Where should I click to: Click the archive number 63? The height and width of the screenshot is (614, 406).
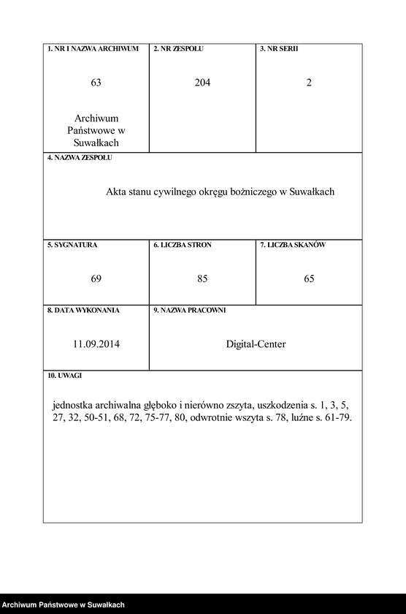pyautogui.click(x=96, y=83)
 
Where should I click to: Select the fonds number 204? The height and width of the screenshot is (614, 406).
pyautogui.click(x=202, y=83)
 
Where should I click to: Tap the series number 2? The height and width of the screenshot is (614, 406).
pyautogui.click(x=309, y=83)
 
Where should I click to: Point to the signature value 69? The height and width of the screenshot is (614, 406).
pyautogui.click(x=96, y=278)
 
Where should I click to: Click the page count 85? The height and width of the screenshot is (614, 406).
pyautogui.click(x=202, y=278)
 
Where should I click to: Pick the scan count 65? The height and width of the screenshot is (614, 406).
pyautogui.click(x=309, y=278)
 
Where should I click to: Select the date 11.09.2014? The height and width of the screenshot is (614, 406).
pyautogui.click(x=96, y=344)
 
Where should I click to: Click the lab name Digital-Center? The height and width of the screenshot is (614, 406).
pyautogui.click(x=256, y=344)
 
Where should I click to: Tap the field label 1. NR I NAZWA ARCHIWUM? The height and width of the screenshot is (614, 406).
pyautogui.click(x=93, y=49)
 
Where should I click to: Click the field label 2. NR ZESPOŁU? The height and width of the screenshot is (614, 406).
pyautogui.click(x=178, y=49)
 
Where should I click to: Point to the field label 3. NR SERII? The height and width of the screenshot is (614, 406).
pyautogui.click(x=279, y=49)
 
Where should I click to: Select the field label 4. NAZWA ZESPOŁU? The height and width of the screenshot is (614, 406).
pyautogui.click(x=80, y=157)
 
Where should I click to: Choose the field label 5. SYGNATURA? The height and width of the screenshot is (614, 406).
pyautogui.click(x=72, y=245)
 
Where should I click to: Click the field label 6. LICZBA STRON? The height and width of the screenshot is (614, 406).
pyautogui.click(x=183, y=245)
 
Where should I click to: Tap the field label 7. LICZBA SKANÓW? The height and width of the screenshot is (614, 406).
pyautogui.click(x=293, y=245)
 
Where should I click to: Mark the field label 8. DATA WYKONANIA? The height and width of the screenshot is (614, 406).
pyautogui.click(x=83, y=310)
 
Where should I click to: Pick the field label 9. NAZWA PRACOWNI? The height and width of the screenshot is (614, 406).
pyautogui.click(x=189, y=310)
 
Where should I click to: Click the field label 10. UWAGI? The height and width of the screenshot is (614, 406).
pyautogui.click(x=64, y=376)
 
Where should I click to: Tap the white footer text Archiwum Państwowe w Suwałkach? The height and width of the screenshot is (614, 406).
pyautogui.click(x=63, y=605)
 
